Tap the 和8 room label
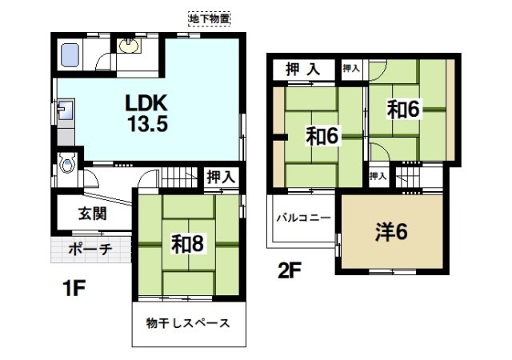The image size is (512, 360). [x=186, y=243]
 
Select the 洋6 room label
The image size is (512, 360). [x=392, y=232]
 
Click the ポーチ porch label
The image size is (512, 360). [x=90, y=249]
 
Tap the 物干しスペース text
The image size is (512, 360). [x=189, y=324]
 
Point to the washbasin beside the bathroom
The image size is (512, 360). [x=128, y=46]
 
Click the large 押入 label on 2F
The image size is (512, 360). [x=304, y=70]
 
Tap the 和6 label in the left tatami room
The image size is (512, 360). [x=320, y=137]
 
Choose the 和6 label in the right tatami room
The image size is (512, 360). [x=404, y=110]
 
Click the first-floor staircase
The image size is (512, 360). [x=182, y=176]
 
